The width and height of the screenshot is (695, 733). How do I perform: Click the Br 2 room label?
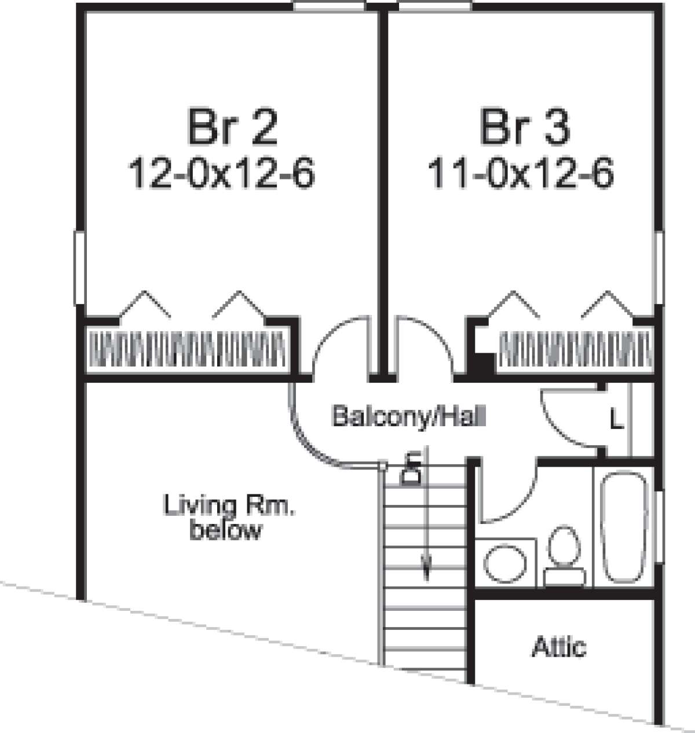click(x=233, y=127)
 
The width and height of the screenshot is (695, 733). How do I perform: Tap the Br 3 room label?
click(x=525, y=127)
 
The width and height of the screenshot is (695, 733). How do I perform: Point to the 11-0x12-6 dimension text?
click(x=521, y=173)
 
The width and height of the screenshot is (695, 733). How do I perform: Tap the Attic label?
click(x=558, y=647)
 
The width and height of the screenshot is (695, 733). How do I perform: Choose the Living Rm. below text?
click(x=229, y=517)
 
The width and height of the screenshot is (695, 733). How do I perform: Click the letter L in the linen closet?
click(x=617, y=419)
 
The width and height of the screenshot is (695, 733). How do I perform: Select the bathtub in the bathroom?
click(x=624, y=527)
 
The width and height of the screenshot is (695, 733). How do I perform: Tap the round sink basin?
click(x=505, y=563)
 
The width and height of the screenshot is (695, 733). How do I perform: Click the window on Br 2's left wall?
click(x=79, y=268)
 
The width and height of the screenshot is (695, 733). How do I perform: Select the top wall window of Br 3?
click(x=435, y=7)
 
